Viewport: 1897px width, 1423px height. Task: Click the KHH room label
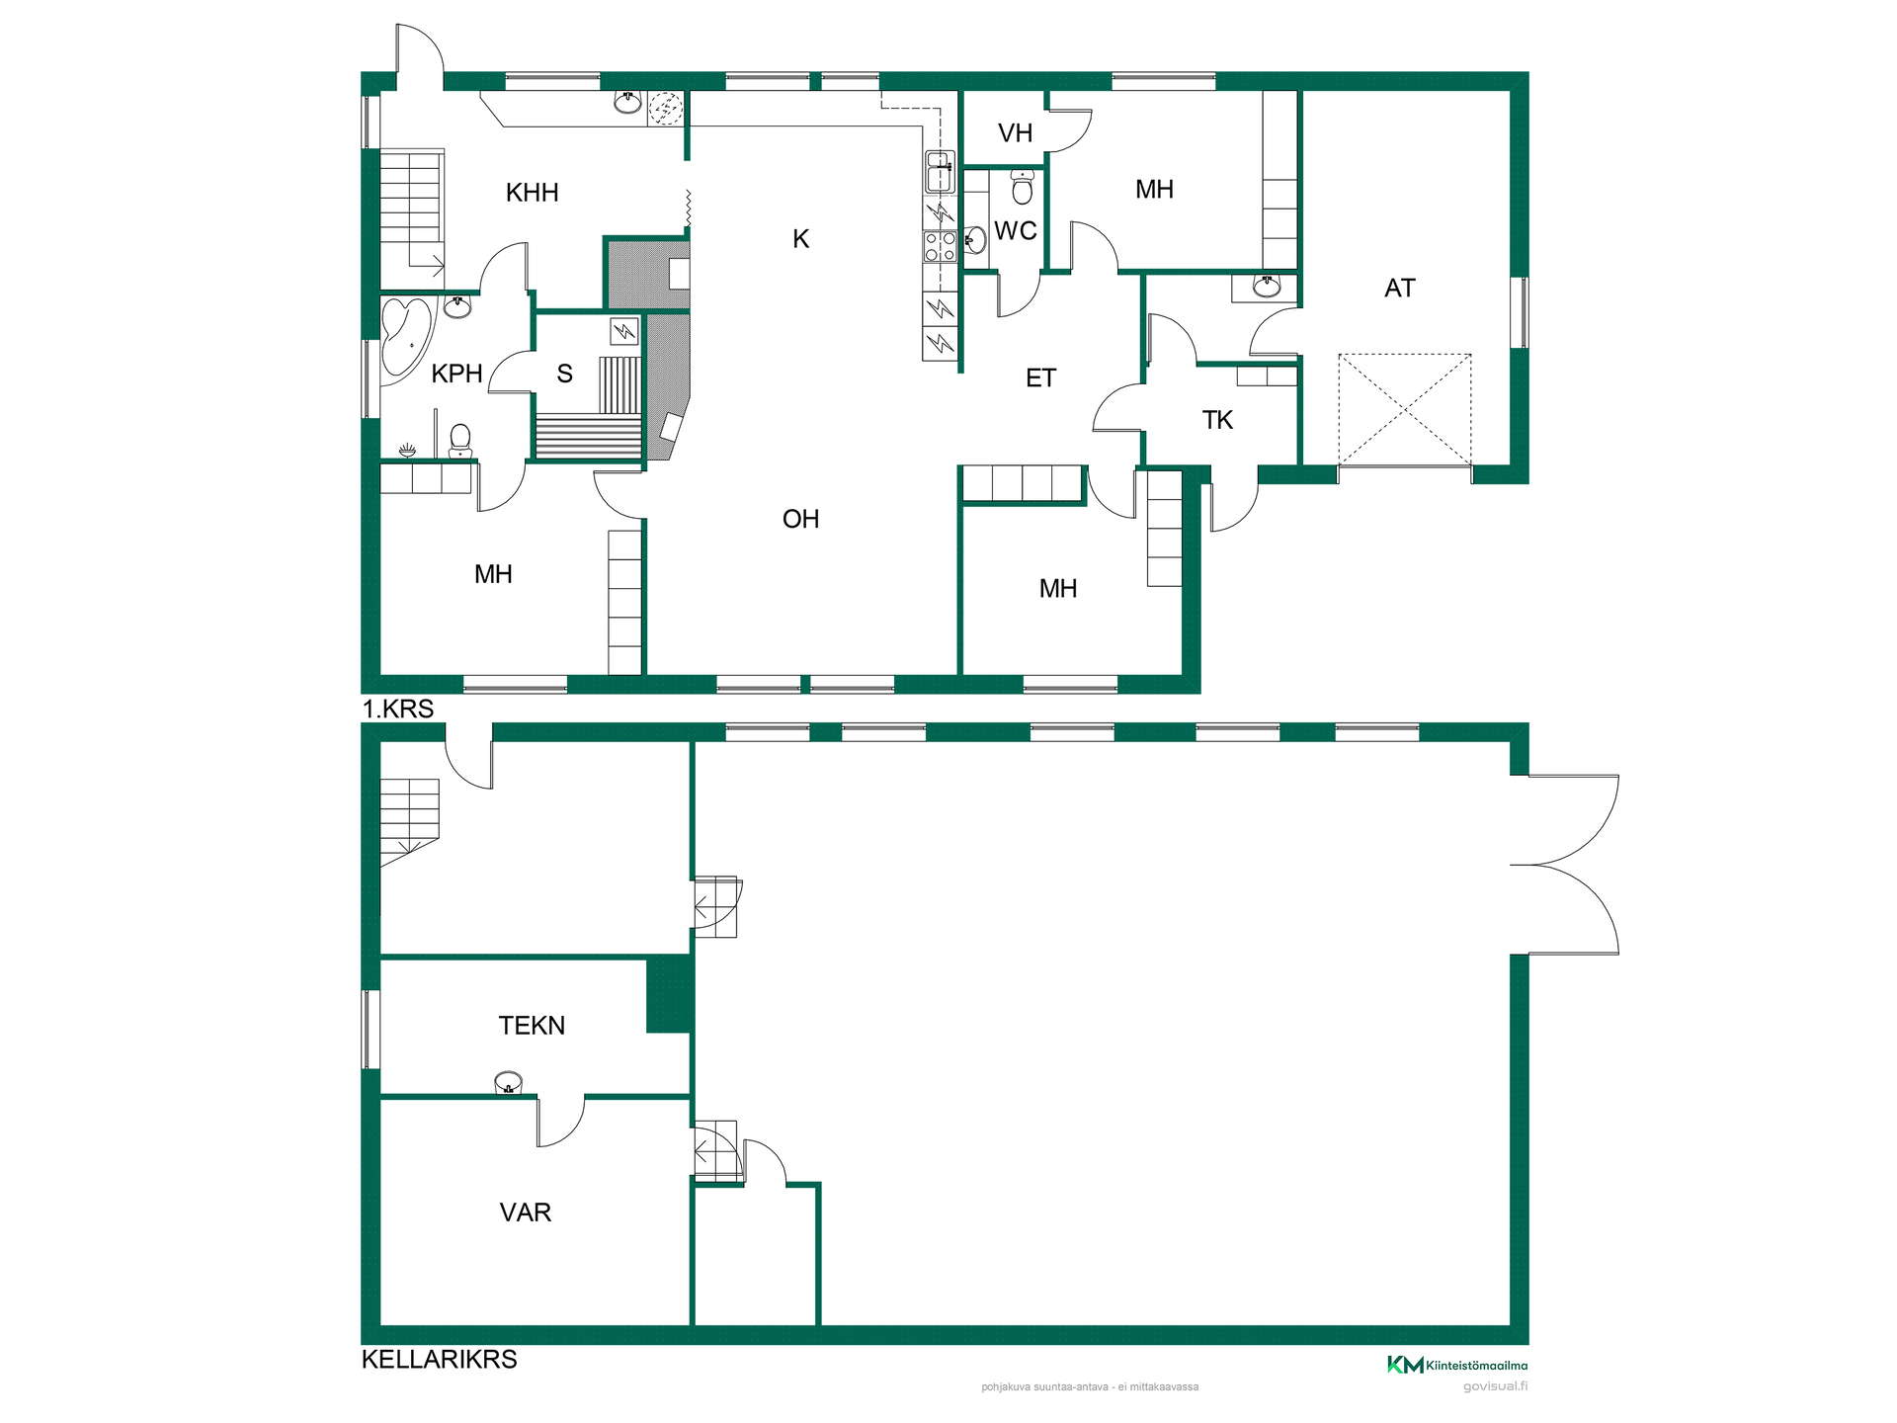click(532, 193)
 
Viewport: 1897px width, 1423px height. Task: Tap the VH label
click(1015, 133)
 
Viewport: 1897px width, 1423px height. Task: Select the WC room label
click(1016, 231)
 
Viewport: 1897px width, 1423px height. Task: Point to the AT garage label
click(1399, 289)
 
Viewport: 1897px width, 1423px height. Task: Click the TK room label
click(1217, 421)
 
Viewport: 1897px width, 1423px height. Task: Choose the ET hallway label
click(1040, 378)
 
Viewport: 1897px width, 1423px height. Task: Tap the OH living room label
click(800, 520)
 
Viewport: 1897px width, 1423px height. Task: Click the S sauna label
click(564, 374)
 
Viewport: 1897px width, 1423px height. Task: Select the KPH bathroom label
click(456, 374)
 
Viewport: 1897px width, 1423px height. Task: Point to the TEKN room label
click(532, 1026)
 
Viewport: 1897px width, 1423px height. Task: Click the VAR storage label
click(525, 1213)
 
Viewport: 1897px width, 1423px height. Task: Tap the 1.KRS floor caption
click(398, 709)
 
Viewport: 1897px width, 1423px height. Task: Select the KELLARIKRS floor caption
click(440, 1360)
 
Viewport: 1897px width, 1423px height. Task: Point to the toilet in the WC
click(1023, 187)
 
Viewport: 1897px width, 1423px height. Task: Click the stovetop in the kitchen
click(940, 246)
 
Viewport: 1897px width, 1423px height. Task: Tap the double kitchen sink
click(939, 172)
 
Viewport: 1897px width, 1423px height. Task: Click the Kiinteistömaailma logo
click(1457, 1365)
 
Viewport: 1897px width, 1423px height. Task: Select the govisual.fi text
click(1495, 1386)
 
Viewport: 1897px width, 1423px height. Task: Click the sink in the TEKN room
click(508, 1083)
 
